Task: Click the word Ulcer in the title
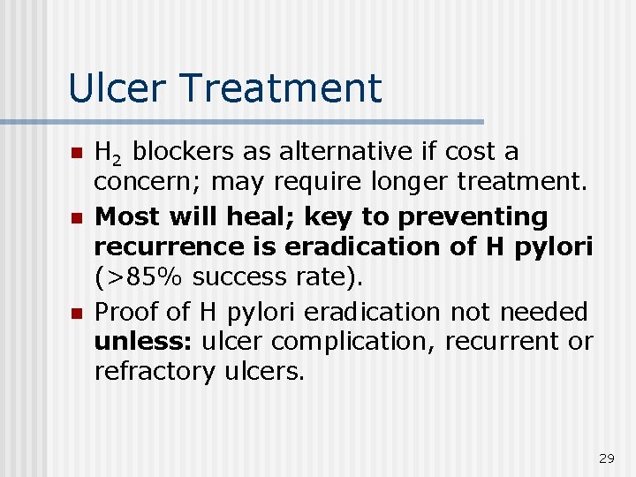pos(109,88)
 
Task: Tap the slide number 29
pos(606,458)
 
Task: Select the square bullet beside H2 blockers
pos(76,153)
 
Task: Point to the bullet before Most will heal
pos(76,217)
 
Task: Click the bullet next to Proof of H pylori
pos(76,313)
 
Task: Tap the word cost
pos(467,153)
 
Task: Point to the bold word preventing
pos(473,216)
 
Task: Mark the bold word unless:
pos(144,341)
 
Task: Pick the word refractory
pos(151,371)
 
